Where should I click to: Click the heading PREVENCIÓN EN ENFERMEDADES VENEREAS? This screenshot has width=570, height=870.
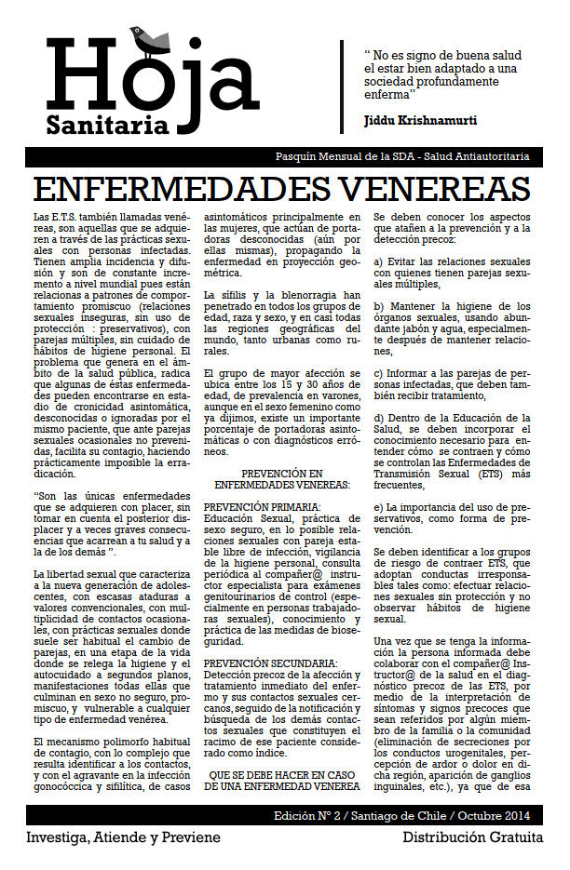click(281, 479)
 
